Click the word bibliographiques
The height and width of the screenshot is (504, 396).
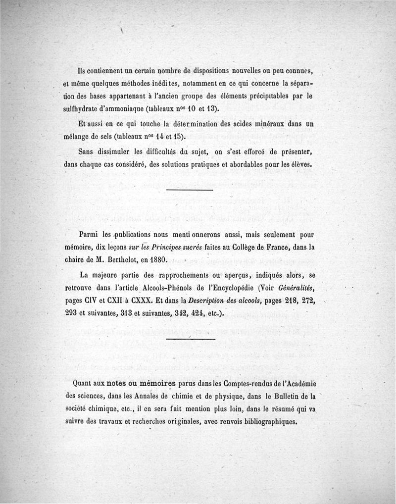click(265, 422)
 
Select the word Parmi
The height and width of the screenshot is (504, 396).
click(89, 234)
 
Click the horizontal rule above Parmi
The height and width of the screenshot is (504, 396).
click(190, 190)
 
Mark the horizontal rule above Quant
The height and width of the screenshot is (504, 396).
click(191, 340)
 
